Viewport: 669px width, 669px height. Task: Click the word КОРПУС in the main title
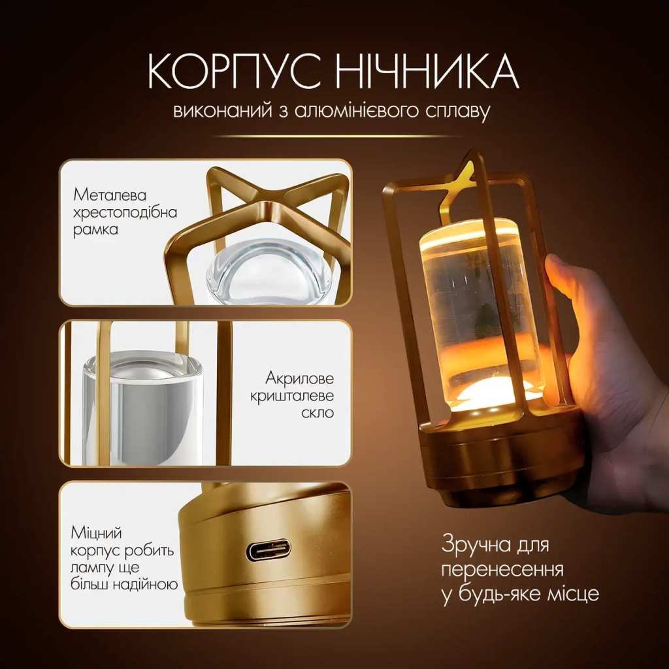[235, 71]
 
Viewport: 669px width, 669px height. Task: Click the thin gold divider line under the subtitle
[338, 136]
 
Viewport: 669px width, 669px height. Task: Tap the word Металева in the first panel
[110, 195]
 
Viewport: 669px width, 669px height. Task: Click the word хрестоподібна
[125, 213]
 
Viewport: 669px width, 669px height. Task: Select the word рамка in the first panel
[95, 230]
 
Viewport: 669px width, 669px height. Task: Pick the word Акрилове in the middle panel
[299, 378]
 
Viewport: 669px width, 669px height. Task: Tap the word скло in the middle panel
[318, 413]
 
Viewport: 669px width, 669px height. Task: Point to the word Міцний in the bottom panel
[97, 533]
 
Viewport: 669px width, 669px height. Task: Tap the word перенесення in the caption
[502, 570]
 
